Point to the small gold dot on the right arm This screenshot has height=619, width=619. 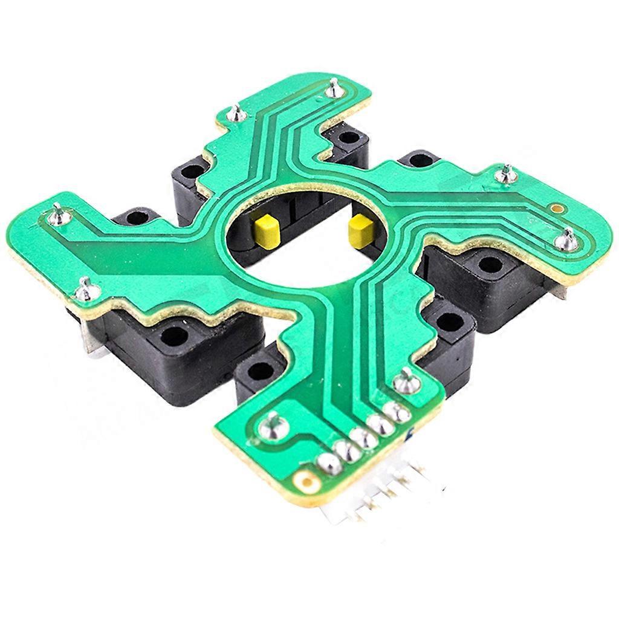(x=557, y=209)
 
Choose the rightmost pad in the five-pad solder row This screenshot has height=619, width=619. (x=397, y=413)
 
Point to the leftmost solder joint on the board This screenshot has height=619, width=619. (x=58, y=213)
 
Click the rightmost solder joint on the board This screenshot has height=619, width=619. (x=567, y=240)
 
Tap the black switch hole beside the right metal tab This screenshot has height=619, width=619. (x=491, y=264)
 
